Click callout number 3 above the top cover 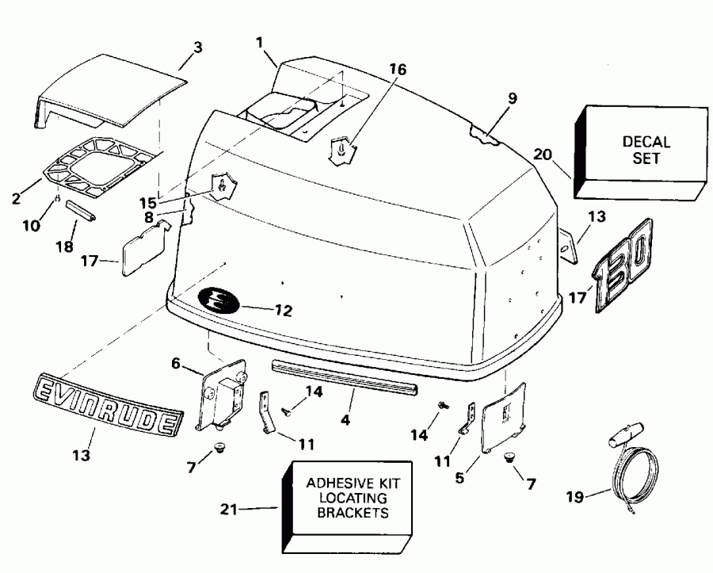[x=197, y=47]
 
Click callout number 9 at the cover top [x=512, y=99]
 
